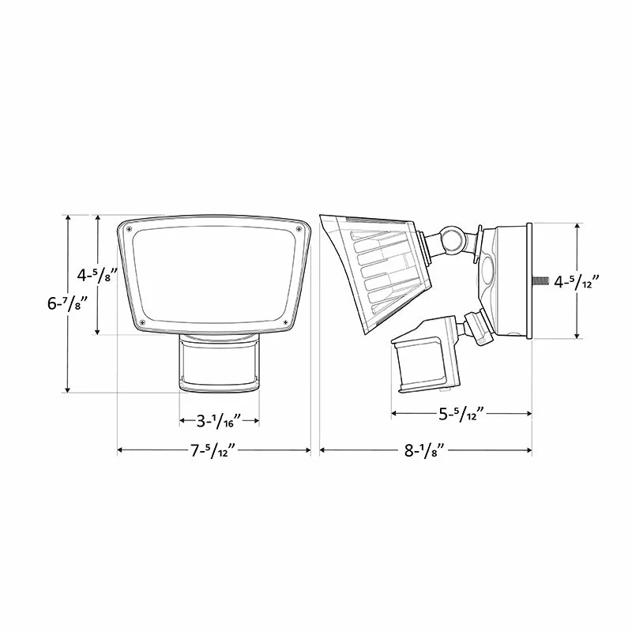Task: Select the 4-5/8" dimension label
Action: pyautogui.click(x=97, y=275)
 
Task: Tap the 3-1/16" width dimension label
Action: pyautogui.click(x=219, y=421)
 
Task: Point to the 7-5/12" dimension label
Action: pyautogui.click(x=213, y=450)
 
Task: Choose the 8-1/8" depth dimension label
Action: pyautogui.click(x=425, y=450)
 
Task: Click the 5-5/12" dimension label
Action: pyautogui.click(x=461, y=414)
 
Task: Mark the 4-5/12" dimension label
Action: pyautogui.click(x=577, y=282)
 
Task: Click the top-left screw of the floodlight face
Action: pyautogui.click(x=129, y=229)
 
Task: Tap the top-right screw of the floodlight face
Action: pyautogui.click(x=299, y=229)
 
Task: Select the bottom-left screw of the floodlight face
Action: pyautogui.click(x=142, y=322)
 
